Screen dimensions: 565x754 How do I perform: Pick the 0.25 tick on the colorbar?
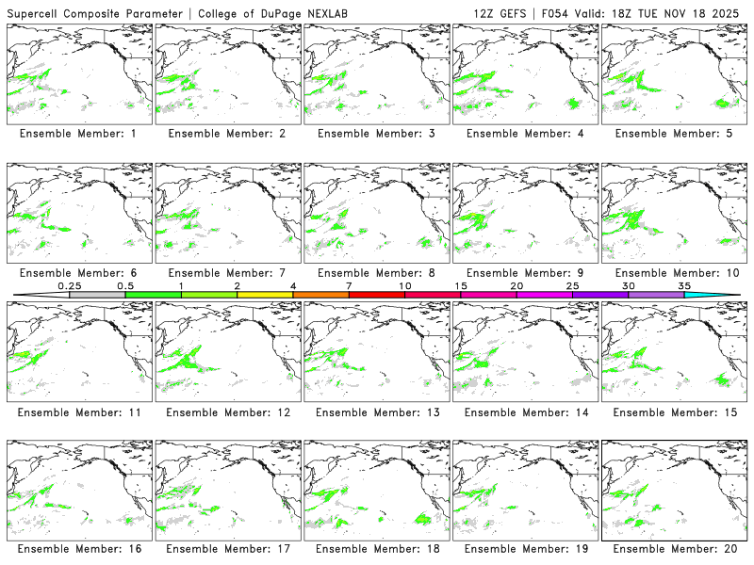70,294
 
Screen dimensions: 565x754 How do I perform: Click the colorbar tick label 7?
349,285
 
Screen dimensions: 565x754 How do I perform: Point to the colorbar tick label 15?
460,285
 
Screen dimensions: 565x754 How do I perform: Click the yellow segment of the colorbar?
265,295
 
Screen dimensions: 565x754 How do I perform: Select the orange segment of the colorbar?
320,295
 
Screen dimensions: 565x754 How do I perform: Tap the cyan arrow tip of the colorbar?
726,295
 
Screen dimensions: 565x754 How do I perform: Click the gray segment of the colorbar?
97,295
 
